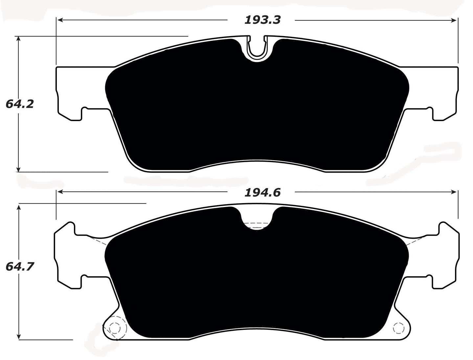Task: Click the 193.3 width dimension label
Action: [262, 20]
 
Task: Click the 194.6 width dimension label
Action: [262, 193]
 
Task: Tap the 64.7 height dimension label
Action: [20, 266]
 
